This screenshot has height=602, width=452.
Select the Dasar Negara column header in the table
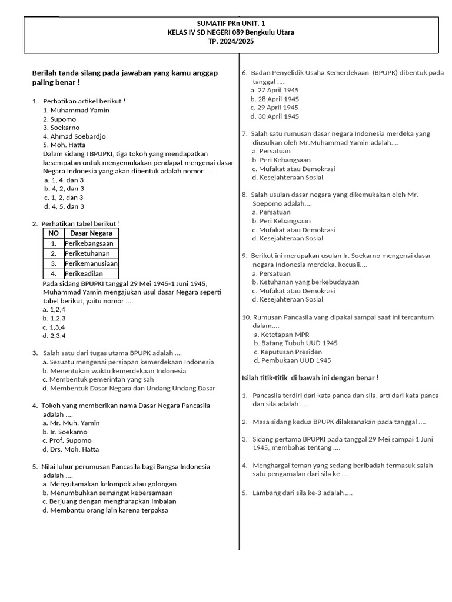tap(91, 233)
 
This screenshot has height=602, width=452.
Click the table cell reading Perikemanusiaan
tap(91, 263)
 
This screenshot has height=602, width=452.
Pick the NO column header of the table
tap(54, 233)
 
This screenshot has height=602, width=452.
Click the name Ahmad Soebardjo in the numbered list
tap(74, 136)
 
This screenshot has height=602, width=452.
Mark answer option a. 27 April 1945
tap(274, 90)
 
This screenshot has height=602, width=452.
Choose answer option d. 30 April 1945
tap(274, 116)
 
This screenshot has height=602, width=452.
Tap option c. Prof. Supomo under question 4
tap(67, 440)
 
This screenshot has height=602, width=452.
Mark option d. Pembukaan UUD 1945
tap(292, 360)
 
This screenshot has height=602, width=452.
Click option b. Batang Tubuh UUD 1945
tap(295, 343)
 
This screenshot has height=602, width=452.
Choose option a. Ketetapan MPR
tap(281, 335)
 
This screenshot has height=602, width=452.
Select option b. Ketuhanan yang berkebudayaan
tap(305, 282)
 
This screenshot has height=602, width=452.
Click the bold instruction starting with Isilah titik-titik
tap(310, 377)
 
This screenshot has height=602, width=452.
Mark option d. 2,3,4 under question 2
tap(54, 336)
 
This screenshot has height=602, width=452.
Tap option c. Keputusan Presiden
tap(288, 352)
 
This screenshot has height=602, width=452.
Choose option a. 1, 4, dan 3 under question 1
tap(64, 180)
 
